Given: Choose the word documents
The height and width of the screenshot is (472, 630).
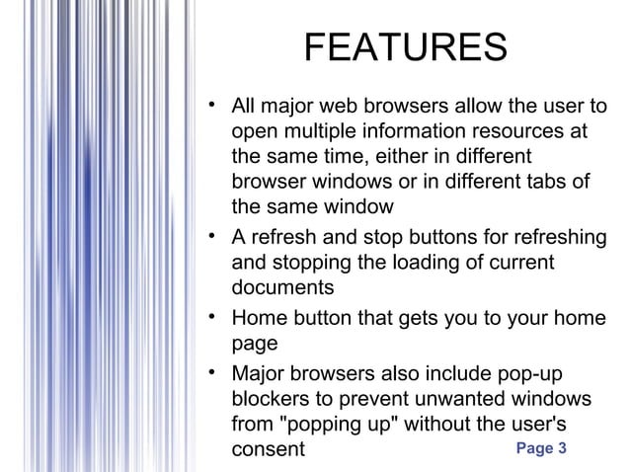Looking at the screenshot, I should coord(282,289).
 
